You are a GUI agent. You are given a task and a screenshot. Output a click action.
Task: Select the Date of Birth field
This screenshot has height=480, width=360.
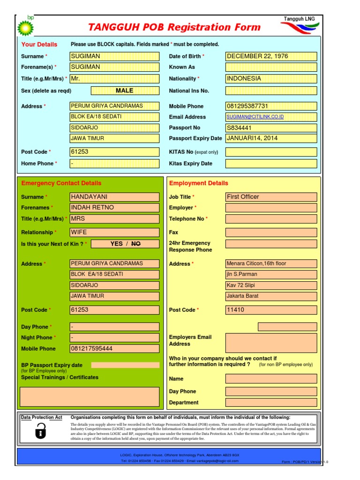click(271, 56)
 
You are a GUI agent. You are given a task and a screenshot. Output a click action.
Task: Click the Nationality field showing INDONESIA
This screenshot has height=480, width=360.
click(271, 79)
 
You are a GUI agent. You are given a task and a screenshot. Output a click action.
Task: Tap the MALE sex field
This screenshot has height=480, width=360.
click(124, 90)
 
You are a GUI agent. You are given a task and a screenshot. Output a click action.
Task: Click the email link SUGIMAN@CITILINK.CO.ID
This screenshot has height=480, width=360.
click(255, 117)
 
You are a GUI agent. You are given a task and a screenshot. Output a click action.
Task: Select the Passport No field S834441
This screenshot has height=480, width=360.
click(271, 127)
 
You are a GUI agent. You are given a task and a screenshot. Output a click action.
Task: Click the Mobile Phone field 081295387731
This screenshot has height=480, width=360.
click(271, 106)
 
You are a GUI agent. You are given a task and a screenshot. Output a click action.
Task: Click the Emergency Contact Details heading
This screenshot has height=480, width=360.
click(61, 183)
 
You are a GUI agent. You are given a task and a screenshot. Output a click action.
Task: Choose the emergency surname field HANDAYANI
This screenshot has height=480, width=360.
click(114, 197)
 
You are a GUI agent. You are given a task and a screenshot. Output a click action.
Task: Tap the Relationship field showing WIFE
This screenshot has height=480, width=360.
click(114, 232)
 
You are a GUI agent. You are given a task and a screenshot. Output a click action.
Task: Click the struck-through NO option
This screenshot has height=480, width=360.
click(136, 244)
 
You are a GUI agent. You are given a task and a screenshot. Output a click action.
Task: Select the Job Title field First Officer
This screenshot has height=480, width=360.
click(271, 197)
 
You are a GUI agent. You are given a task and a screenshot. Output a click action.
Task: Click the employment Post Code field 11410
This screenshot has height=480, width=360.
click(271, 310)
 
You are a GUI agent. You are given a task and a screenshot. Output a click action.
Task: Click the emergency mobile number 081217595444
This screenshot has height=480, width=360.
click(114, 349)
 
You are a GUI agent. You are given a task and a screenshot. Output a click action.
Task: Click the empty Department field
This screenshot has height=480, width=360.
click(271, 402)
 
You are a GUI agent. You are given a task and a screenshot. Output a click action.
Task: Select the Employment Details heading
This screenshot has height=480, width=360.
click(199, 183)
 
